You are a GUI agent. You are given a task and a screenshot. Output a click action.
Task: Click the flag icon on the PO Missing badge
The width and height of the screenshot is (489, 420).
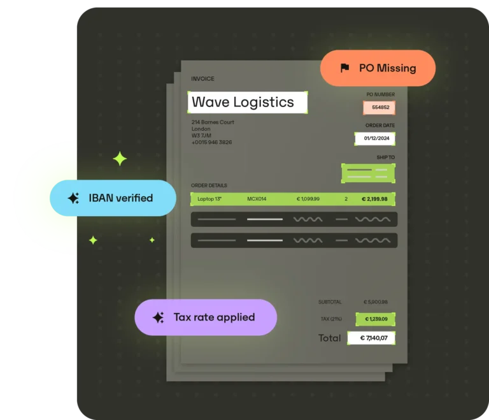344,68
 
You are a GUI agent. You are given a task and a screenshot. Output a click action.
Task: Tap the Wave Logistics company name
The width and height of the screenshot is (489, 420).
243,102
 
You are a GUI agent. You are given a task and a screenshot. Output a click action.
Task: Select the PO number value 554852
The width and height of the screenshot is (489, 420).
381,108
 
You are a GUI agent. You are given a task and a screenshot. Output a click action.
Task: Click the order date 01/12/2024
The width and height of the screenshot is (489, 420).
376,138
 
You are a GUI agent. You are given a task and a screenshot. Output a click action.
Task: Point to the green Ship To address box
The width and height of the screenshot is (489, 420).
368,173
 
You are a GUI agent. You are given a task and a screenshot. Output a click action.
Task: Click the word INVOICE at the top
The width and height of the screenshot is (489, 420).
202,78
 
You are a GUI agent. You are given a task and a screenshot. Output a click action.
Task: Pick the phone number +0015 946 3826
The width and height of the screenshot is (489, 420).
212,142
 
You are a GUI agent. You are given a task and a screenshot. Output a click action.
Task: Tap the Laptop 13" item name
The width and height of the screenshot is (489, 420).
209,199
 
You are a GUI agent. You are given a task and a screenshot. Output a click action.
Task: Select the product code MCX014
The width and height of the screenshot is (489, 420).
257,199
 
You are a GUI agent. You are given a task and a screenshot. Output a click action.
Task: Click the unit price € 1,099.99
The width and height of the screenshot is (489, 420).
308,199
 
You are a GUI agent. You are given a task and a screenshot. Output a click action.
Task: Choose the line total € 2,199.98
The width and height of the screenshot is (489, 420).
374,199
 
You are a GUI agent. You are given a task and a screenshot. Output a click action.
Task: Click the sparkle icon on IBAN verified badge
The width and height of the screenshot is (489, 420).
74,198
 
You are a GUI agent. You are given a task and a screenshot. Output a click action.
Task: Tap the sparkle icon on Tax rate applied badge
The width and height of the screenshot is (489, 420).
159,317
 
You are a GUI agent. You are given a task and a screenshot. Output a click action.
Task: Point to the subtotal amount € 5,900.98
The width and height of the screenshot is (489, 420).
376,302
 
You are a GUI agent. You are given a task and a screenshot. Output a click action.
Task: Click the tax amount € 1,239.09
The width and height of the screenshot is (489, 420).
376,319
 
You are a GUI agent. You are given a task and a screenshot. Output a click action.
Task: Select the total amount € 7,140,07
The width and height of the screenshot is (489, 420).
374,338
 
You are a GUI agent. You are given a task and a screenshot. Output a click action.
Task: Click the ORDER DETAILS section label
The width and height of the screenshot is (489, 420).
209,185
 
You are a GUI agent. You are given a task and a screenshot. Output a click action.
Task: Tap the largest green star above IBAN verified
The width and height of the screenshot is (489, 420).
120,159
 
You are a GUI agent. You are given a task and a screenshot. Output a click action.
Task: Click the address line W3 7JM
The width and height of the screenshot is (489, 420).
201,136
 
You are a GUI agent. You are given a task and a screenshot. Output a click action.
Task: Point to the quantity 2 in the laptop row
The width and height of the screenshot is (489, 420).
346,199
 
